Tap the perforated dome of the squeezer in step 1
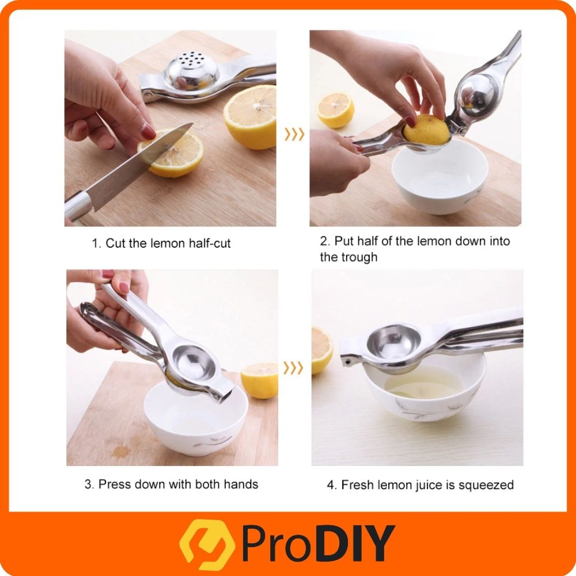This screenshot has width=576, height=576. [x=192, y=70]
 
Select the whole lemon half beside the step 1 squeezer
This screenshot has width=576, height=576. [x=250, y=117]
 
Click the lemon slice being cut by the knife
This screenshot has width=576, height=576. [x=172, y=154]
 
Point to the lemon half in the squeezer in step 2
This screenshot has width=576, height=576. [x=426, y=129]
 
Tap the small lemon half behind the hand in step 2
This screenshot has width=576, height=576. [x=335, y=109]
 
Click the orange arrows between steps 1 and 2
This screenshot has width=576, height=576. [x=294, y=134]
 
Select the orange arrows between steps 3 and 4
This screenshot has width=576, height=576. [x=293, y=367]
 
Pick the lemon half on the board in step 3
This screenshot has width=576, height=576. [x=259, y=381]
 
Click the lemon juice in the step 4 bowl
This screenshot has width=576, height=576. [x=422, y=382]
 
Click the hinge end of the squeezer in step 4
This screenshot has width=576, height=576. [x=347, y=361]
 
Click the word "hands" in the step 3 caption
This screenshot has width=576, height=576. [x=241, y=484]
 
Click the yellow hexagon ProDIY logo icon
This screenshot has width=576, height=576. [x=207, y=544]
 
